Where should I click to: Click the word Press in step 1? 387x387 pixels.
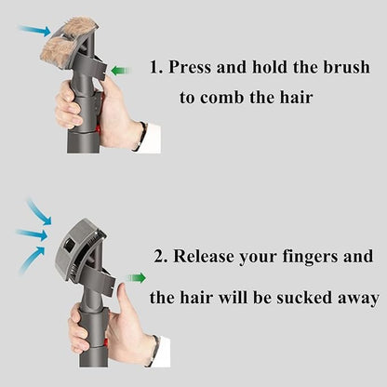click(190, 67)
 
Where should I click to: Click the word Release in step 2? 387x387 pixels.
click(203, 257)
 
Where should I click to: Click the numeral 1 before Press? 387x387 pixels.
click(154, 67)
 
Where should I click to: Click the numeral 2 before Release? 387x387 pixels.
click(159, 257)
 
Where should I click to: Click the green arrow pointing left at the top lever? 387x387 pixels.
click(121, 71)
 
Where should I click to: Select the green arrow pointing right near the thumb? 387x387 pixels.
click(136, 278)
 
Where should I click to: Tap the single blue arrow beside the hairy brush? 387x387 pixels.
click(35, 30)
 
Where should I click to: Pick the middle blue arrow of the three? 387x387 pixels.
click(32, 234)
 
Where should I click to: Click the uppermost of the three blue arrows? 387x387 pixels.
click(40, 212)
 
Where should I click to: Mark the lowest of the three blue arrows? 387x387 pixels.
click(32, 259)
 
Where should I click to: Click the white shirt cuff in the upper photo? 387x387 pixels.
click(150, 138)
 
